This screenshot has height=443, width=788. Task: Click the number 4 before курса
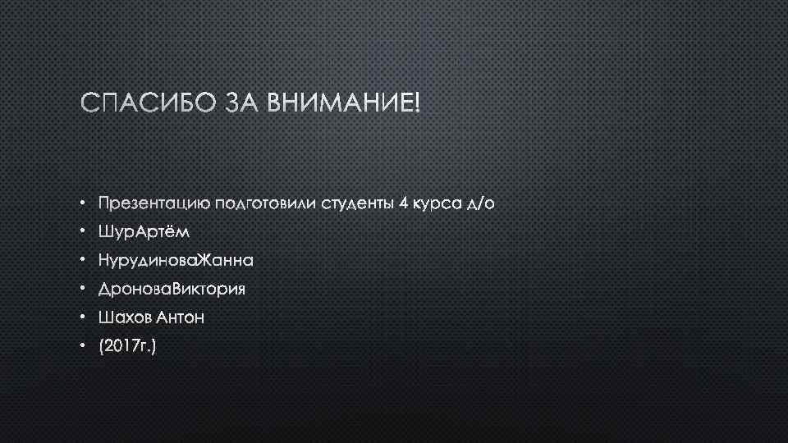(x=404, y=203)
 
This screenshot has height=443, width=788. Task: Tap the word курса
(x=437, y=203)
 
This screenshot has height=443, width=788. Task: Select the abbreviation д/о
(x=481, y=203)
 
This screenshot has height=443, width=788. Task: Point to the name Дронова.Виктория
(x=172, y=290)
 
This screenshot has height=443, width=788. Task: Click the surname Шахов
(x=124, y=318)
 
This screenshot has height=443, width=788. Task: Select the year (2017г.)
(x=126, y=347)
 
